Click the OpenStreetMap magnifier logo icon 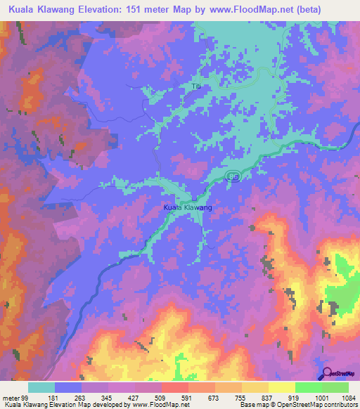[x=328, y=374]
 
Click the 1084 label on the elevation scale [x=348, y=397]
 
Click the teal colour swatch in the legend [x=41, y=387]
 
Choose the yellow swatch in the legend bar [x=282, y=387]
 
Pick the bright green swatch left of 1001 [x=309, y=387]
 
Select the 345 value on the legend [x=108, y=397]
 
